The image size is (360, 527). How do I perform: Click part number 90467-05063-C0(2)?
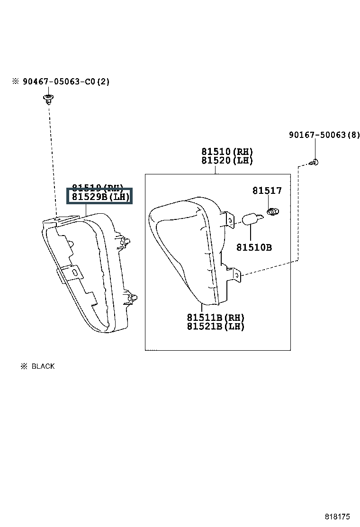coord(65,82)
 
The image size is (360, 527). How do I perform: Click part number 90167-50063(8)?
coord(324,135)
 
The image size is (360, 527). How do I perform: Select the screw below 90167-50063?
coord(315,162)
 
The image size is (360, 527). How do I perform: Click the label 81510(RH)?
coord(227,152)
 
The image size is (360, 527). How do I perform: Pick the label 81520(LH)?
coord(227,161)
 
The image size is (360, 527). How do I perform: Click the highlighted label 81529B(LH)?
coord(100,197)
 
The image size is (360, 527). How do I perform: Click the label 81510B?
coord(254,247)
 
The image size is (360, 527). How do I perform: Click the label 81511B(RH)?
coord(216,317)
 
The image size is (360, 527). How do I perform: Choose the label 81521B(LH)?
coord(216,326)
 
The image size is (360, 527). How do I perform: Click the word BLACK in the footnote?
coord(43,366)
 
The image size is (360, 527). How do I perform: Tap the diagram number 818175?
coord(337,516)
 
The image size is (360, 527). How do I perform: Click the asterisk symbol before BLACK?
coord(24,366)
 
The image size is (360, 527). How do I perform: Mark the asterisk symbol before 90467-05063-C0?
coord(16,82)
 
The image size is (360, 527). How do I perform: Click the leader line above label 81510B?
coord(250,233)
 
